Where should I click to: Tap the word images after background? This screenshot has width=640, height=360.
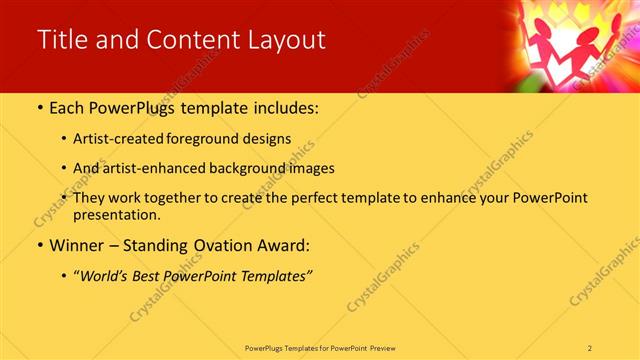pos(311,168)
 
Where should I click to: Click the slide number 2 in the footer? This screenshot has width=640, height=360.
pos(590,346)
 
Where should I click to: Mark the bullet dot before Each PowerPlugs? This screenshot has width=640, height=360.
pos(39,107)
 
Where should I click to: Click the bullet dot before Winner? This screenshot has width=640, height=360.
pos(39,245)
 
